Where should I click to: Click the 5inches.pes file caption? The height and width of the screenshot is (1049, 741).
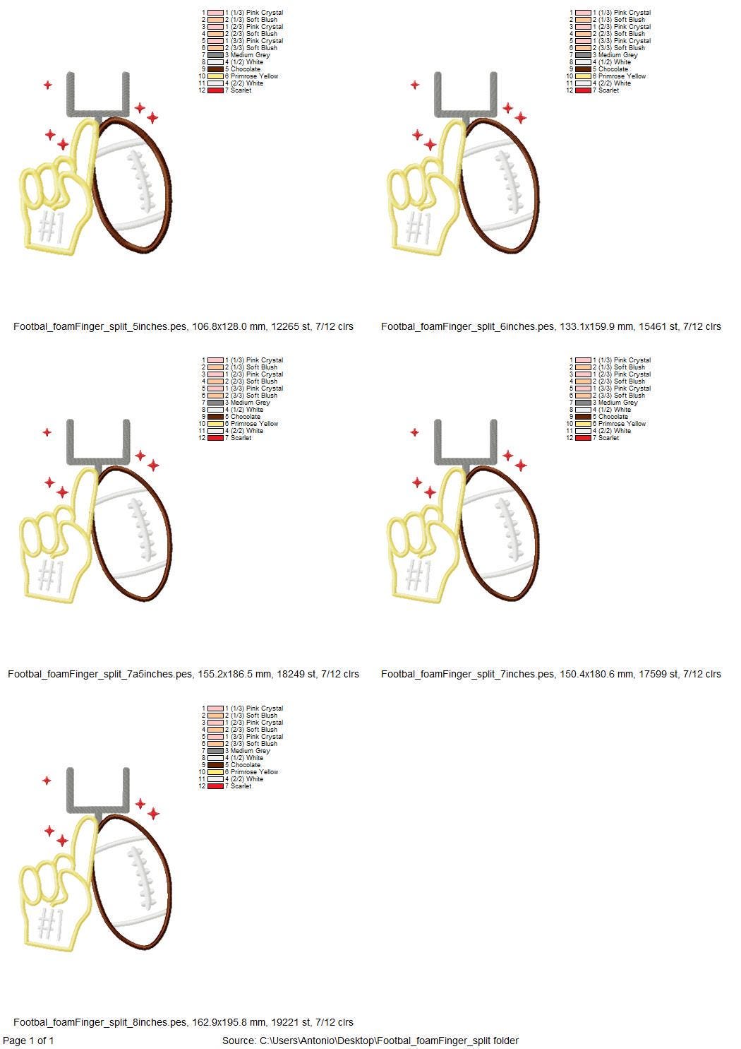(183, 326)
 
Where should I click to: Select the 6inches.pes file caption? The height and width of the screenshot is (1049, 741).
(551, 326)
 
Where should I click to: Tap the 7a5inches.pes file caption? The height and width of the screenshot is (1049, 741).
(183, 674)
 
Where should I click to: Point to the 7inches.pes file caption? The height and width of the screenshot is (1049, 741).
(551, 674)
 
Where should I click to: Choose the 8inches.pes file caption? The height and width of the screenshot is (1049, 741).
(183, 1022)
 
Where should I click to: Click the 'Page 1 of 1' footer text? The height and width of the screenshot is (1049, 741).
(28, 1041)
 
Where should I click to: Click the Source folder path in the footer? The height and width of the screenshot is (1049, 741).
(370, 1041)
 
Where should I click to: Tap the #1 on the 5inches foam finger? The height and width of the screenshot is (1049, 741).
(52, 227)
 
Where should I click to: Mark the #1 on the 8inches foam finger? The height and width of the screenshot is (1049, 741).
(52, 923)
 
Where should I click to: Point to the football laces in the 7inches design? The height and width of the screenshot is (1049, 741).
(508, 529)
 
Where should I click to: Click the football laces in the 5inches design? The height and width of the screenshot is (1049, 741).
(141, 181)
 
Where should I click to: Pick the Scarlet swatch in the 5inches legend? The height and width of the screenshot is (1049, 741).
(215, 90)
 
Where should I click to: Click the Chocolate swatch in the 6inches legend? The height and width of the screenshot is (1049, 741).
(583, 69)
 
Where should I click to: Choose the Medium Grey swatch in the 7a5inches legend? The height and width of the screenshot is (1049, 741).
(215, 403)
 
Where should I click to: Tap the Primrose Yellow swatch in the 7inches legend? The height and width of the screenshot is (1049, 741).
(583, 424)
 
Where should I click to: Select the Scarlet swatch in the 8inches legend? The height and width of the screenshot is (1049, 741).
(215, 786)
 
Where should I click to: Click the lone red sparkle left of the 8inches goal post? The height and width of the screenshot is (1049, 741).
(47, 781)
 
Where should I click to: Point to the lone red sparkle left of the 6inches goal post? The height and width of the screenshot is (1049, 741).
(415, 85)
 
